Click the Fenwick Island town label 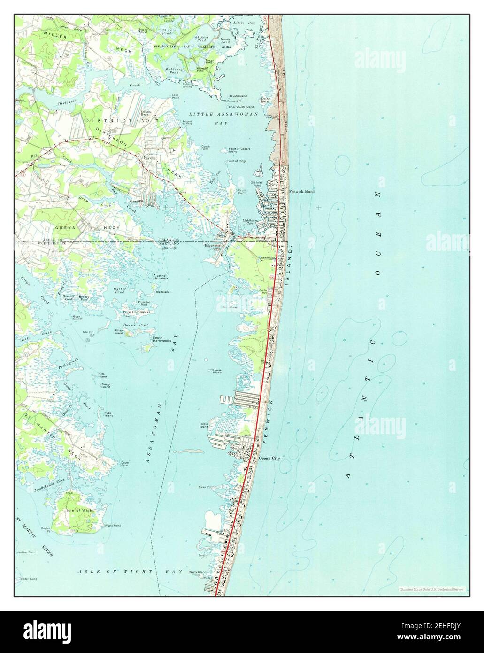pos(302,192)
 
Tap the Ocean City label pos(269,458)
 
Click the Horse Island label pos(217,372)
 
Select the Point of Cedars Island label pos(239,150)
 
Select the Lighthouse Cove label pos(250,221)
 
